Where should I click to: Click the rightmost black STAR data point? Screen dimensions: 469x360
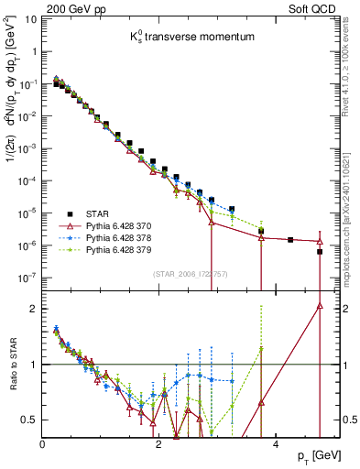point(319,251)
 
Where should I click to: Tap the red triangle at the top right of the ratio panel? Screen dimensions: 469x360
point(319,306)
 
